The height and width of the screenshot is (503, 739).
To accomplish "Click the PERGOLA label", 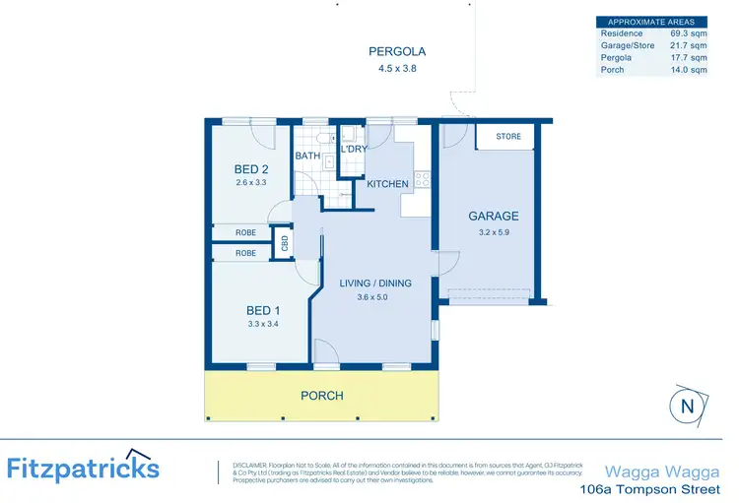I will pos(391,51).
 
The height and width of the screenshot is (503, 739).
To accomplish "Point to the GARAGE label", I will pos(493,217).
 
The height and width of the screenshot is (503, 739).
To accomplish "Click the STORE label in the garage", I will pos(508,136).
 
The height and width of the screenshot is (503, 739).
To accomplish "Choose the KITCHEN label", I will pos(387,184).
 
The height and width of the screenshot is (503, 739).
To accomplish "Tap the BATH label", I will pos(306,156).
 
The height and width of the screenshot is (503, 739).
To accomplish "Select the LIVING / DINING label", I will pos(375,283).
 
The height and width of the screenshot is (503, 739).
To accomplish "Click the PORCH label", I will pos(322,396).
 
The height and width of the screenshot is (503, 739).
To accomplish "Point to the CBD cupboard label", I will pos(284,242).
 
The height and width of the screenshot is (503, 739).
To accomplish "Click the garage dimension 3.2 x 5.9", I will pos(493,233).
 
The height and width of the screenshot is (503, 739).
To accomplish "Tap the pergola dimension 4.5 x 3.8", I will pos(391,69).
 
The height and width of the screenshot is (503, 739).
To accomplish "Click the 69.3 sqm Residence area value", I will pos(689,33).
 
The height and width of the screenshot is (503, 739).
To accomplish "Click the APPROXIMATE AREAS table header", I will pos(651,22).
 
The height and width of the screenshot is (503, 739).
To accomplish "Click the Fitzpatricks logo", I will pos(84,467).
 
